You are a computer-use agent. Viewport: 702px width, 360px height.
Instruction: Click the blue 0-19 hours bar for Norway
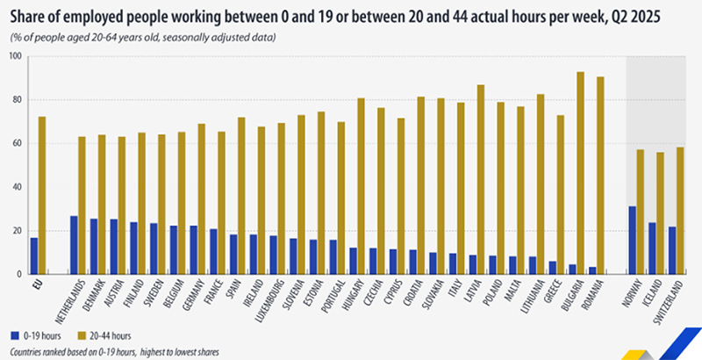[633, 240]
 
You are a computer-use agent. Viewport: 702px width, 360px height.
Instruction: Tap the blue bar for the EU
[34, 256]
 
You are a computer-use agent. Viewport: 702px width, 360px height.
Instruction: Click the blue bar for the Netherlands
[74, 245]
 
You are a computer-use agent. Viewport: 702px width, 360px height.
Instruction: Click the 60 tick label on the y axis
[18, 143]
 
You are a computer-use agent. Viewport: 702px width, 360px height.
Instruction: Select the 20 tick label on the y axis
[18, 231]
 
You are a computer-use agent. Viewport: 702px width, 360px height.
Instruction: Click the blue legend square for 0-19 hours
[13, 335]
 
